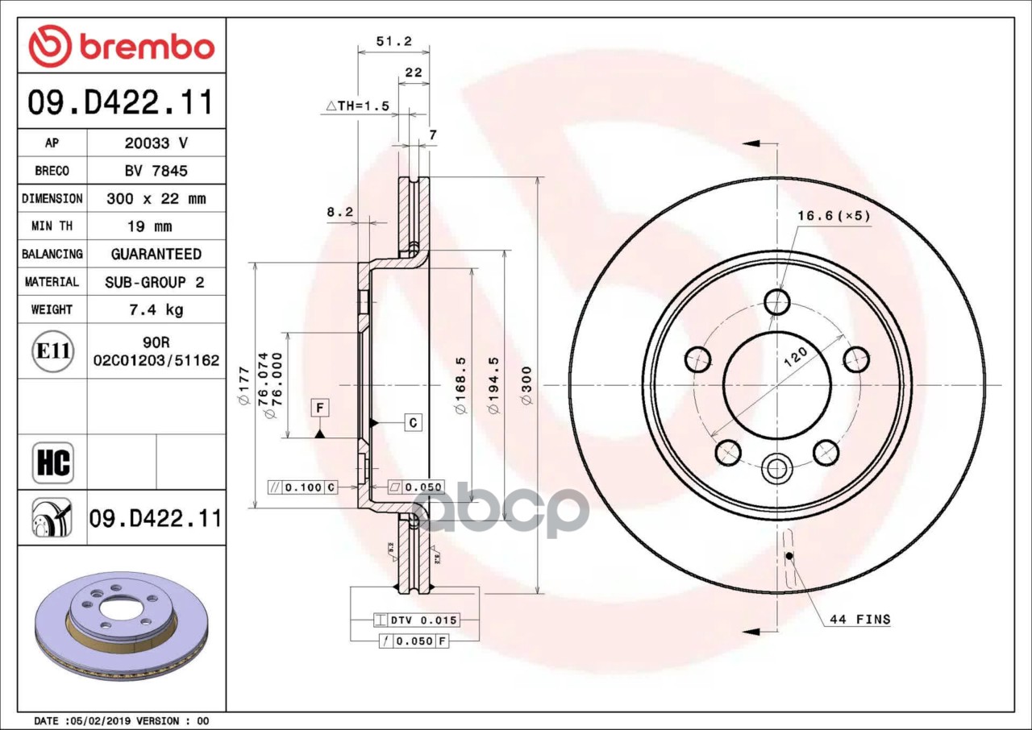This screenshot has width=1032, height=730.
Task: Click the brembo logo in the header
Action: pos(121,46)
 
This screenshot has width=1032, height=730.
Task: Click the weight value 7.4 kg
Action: pos(156,309)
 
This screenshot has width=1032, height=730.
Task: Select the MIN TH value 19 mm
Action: pos(150,226)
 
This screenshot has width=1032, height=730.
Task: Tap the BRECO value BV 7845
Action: pos(156,172)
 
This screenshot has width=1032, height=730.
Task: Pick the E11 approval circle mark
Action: pos(53,351)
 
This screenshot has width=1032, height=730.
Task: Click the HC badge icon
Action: pos(53,462)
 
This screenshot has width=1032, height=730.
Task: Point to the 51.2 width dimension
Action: pos(394,41)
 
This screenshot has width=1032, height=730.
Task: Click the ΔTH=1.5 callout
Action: pos(358,106)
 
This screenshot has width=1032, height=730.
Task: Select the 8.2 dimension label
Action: pos(340,212)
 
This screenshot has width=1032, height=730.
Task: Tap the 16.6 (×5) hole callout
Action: pos(834,215)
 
